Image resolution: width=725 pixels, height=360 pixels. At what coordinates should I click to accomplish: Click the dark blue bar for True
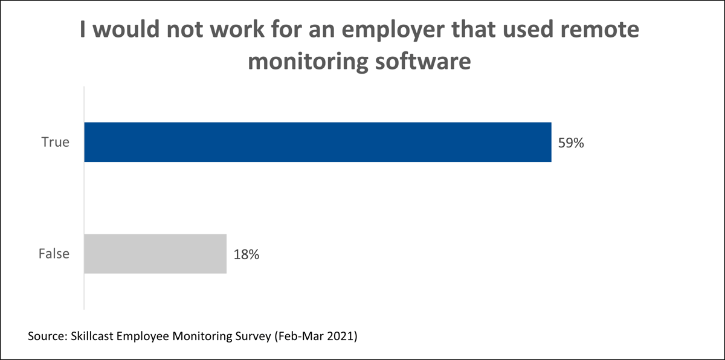[317, 143]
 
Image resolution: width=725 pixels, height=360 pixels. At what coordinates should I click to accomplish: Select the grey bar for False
[155, 254]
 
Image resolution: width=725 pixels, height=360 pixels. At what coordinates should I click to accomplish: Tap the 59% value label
[571, 144]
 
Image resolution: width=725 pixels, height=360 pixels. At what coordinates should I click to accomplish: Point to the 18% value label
[246, 255]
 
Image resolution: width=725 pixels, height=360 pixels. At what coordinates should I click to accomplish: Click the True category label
[55, 143]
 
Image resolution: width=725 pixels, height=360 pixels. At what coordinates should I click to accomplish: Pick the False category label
[54, 254]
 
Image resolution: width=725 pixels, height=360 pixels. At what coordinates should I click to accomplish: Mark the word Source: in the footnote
[48, 336]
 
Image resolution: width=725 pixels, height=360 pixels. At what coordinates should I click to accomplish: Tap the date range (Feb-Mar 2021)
[316, 336]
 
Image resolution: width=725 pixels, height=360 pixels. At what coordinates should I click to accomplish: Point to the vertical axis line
[83, 199]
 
